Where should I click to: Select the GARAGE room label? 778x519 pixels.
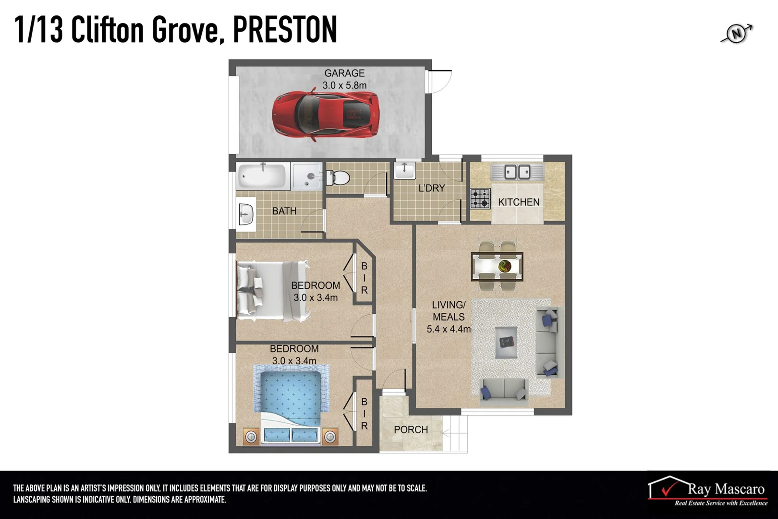344,74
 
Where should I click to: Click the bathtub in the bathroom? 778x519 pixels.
262,176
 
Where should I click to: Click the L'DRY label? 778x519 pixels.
431,188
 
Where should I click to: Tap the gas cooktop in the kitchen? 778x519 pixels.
480,198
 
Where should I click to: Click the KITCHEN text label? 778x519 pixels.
519,202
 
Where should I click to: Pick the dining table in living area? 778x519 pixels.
497,266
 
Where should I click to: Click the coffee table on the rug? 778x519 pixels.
506,342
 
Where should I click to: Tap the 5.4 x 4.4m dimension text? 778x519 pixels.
449,329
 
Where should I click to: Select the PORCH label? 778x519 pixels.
411,430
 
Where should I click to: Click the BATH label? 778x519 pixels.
284,211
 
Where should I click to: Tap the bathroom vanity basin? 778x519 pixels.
246,214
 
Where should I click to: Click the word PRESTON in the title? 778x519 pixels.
285,30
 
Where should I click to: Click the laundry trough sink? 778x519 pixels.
405,170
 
